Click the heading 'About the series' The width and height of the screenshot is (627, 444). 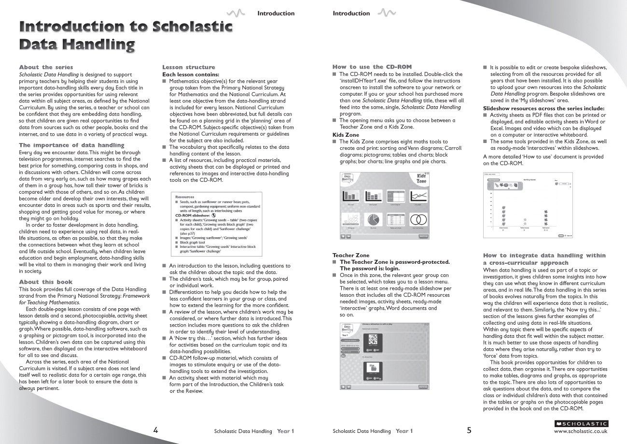tap(46, 67)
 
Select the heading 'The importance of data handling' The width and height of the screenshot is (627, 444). tap(71, 145)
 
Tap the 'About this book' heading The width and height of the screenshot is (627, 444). tap(45, 282)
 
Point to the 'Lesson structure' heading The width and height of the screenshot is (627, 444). tap(189, 67)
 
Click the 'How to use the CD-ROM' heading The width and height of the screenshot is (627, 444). tap(372, 67)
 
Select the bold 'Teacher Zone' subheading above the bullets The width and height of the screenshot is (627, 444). tap(351, 255)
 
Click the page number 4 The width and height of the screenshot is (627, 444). tap(155, 430)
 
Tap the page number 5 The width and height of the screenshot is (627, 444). tap(469, 430)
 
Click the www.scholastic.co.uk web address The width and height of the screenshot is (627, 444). tap(581, 431)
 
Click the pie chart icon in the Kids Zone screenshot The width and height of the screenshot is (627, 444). tap(373, 220)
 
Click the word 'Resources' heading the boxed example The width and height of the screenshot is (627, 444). tap(185, 197)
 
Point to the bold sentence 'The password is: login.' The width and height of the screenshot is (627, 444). tap(370, 268)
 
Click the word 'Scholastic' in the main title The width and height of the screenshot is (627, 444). tap(192, 27)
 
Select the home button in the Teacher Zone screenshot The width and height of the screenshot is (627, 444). tap(343, 387)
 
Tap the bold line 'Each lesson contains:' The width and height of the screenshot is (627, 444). tap(191, 74)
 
